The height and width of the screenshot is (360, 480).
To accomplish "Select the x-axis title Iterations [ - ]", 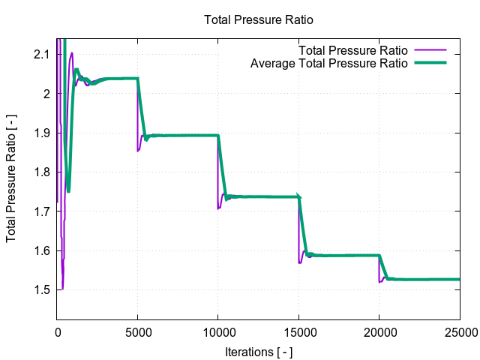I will pos(258,351).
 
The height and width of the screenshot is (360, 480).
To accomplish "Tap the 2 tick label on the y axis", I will pos(46,94).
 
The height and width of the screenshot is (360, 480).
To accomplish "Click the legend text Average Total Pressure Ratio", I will pos(328,63).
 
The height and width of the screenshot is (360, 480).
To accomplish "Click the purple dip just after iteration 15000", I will pos(300,262).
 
